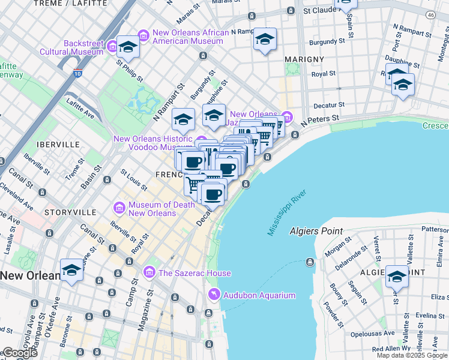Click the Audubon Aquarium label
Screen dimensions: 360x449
point(259,295)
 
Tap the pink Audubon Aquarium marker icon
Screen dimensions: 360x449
point(212,294)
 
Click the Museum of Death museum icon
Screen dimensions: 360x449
point(119,208)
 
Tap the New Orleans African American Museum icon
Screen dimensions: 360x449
point(143,36)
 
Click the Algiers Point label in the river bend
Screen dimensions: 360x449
point(316,231)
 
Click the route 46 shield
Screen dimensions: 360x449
point(430,14)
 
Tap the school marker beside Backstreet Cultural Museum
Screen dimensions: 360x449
point(128,46)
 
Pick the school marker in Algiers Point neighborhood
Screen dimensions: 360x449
point(397,276)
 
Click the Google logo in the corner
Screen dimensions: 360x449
point(19,353)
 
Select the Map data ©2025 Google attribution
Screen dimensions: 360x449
point(412,355)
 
